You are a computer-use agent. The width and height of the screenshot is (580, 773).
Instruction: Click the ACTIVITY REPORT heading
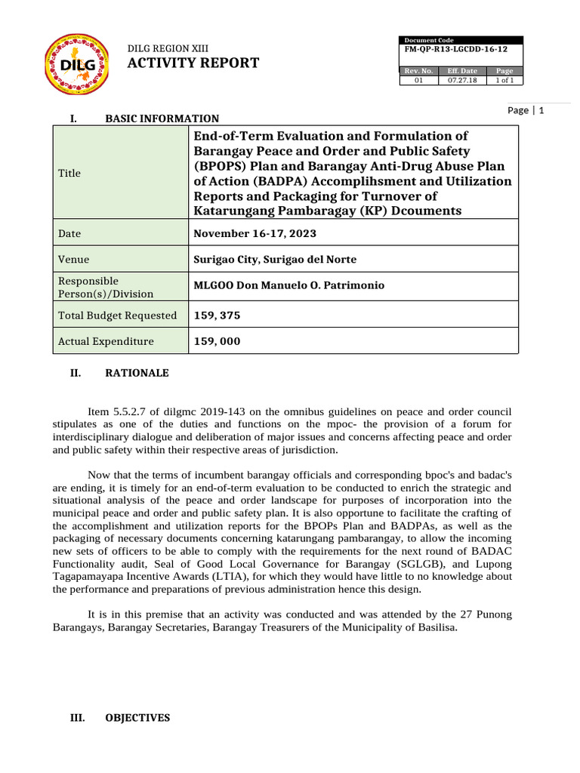[x=193, y=63]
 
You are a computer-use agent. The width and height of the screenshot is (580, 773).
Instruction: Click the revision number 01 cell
[x=419, y=80]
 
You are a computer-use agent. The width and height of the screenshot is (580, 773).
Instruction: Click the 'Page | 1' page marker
[x=531, y=110]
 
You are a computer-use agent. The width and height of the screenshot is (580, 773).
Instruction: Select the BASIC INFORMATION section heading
[x=162, y=119]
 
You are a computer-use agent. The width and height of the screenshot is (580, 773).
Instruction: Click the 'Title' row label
[x=69, y=173]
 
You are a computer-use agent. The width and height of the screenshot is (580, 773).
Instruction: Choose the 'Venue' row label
[x=73, y=260]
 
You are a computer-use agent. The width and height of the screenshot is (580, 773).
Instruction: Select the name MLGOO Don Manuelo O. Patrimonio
[x=289, y=285]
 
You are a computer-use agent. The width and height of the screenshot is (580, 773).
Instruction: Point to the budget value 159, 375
[x=217, y=316]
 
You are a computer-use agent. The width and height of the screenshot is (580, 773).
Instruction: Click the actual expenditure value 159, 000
[x=217, y=341]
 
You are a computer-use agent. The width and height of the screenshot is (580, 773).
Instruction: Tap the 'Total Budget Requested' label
[x=117, y=316]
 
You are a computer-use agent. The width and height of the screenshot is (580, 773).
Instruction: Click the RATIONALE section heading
[x=137, y=373]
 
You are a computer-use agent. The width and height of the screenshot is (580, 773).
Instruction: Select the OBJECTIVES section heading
[x=137, y=718]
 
